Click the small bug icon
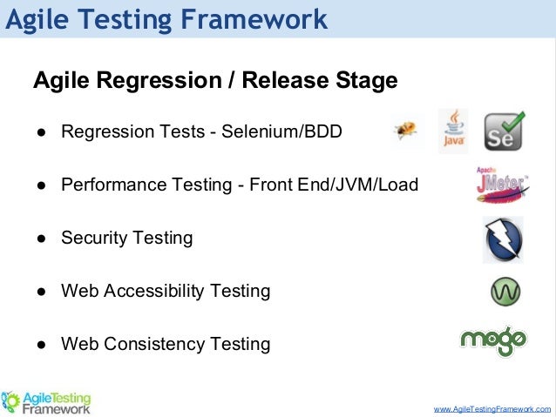pos(405,131)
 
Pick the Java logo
pos(452,131)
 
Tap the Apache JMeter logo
pos(501,184)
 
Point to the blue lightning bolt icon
pos(503,239)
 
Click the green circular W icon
pos(505,291)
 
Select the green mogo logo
pos(493,340)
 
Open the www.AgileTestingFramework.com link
pos(492,407)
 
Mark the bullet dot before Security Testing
pos(41,239)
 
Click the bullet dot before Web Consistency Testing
pos(41,345)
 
